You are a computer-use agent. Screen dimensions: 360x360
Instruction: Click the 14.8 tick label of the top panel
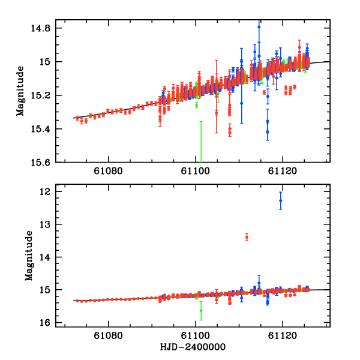[47, 28]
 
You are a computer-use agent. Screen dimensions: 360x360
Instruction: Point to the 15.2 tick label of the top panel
[47, 95]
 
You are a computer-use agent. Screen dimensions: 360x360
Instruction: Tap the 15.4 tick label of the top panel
[47, 129]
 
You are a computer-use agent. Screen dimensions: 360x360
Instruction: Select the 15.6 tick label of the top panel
[47, 163]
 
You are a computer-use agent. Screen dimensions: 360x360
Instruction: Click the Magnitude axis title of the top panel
[20, 95]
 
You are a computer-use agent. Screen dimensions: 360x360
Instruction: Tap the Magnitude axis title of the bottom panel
[28, 257]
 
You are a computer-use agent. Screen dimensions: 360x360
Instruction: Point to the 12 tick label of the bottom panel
[51, 192]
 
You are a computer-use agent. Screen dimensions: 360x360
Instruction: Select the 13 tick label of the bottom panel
[51, 224]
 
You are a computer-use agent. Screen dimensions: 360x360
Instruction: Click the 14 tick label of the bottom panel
[51, 257]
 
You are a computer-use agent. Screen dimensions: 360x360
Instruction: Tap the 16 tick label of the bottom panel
[51, 323]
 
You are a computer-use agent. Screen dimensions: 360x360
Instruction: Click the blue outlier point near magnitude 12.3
[281, 200]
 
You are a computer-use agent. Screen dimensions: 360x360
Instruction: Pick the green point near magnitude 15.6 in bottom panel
[201, 310]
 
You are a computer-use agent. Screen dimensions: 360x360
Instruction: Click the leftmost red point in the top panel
[77, 118]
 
